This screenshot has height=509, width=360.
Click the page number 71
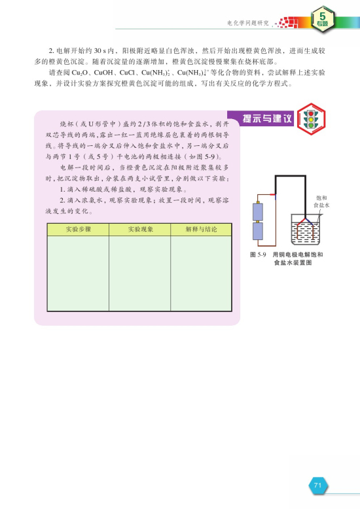click(317, 485)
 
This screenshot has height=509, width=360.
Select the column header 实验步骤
click(78, 230)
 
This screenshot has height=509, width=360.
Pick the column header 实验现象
click(139, 230)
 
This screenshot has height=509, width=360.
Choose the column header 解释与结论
click(200, 230)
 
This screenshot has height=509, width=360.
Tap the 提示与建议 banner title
click(262, 118)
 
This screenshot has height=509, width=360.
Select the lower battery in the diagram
click(258, 234)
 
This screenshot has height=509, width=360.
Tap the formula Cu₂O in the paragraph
click(81, 73)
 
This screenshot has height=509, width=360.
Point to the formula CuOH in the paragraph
click(105, 73)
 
